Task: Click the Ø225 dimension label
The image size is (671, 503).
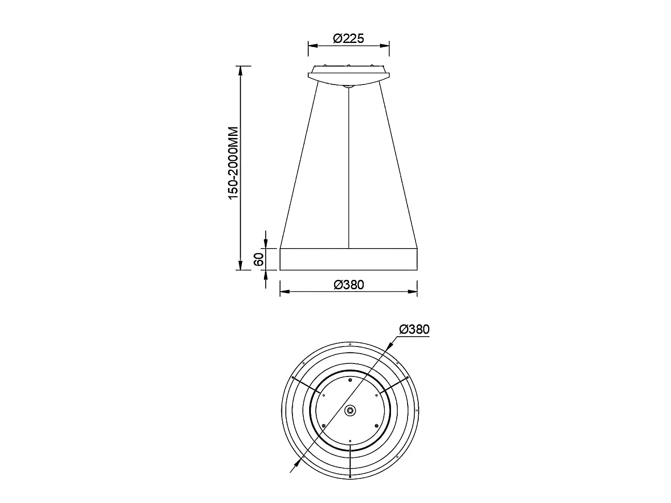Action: [x=348, y=38]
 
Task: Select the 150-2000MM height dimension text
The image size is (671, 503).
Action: [x=233, y=163]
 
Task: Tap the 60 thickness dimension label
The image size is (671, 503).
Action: [x=259, y=259]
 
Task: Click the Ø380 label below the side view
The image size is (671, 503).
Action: [x=349, y=285]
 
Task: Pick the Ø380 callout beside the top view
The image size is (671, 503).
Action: [x=414, y=329]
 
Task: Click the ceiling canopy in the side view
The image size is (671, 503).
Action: [x=348, y=75]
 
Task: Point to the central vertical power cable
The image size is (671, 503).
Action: [x=349, y=168]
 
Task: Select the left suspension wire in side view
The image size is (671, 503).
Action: [x=299, y=165]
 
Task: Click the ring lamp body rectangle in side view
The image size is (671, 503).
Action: [x=349, y=259]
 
